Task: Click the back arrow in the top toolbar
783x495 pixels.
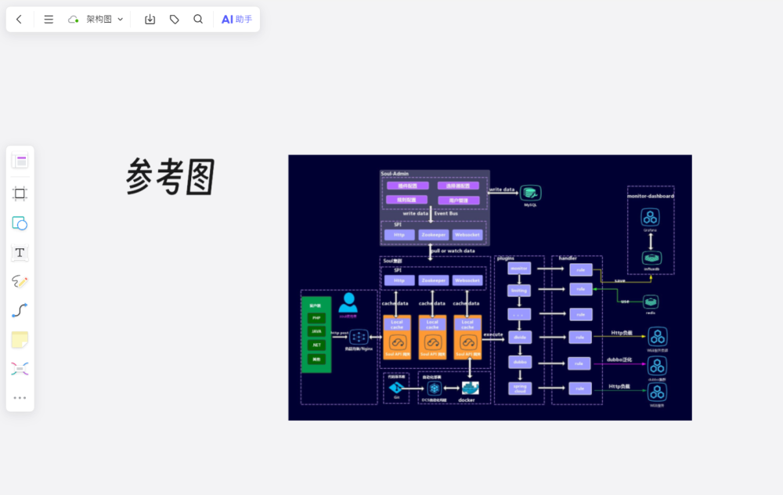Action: [19, 20]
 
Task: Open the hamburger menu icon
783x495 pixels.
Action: [49, 20]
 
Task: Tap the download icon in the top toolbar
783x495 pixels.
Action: [150, 20]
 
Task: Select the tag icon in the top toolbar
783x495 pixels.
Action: [174, 20]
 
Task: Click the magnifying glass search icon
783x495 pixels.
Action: [198, 20]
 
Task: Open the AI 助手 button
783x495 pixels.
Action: [236, 20]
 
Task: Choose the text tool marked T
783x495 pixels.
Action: [20, 252]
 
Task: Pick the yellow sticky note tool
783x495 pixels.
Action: [20, 339]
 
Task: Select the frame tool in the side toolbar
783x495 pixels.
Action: [20, 193]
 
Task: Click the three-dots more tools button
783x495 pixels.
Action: [20, 398]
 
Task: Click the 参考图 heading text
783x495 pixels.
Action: [171, 177]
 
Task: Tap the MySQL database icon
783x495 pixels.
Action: [531, 193]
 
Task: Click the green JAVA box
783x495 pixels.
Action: [316, 331]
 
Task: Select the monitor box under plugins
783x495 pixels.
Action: [519, 269]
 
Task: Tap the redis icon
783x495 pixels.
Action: [651, 302]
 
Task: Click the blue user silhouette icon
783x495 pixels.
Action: [348, 303]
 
